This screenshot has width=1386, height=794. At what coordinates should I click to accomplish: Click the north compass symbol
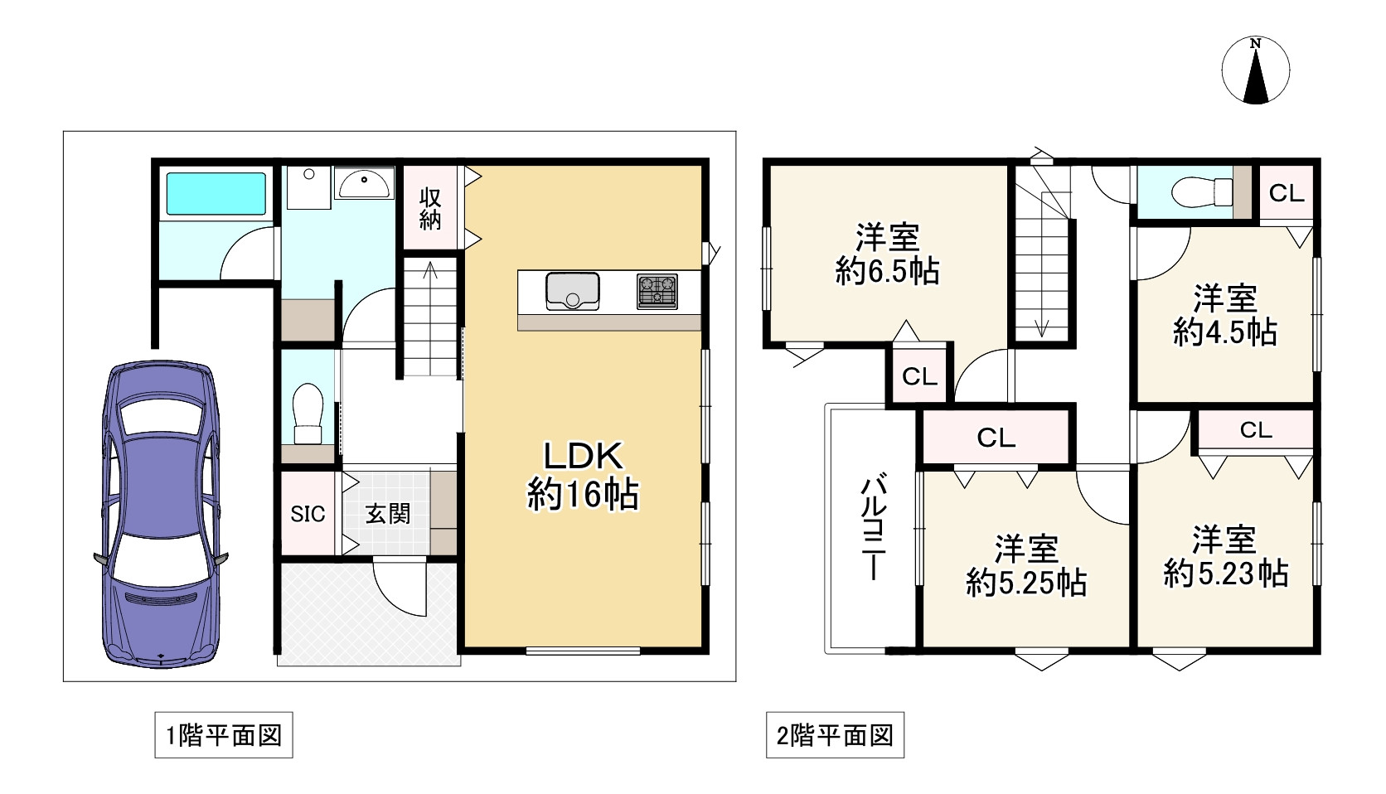point(1255,70)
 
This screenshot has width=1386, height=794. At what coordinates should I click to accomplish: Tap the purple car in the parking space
point(162,514)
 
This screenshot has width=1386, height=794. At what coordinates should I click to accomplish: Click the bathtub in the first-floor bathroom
point(216,193)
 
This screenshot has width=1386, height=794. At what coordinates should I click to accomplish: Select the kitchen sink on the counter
point(572,291)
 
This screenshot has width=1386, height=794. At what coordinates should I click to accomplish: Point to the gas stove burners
point(657,291)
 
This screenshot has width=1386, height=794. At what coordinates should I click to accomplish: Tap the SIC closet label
point(308,514)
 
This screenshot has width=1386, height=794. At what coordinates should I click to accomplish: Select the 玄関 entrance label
point(388,514)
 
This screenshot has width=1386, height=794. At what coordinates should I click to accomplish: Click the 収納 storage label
point(429,208)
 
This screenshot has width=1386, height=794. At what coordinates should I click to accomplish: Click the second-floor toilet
point(1202,193)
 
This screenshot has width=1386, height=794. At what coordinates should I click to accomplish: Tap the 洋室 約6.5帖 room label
point(887,254)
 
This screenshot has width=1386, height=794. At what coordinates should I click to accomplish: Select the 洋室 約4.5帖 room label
point(1224,315)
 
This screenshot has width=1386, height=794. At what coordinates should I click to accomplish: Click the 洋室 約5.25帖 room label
point(1026,565)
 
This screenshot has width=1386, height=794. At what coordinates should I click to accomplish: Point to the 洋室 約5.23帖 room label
point(1224,556)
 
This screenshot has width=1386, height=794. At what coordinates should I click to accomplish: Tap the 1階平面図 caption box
point(224,735)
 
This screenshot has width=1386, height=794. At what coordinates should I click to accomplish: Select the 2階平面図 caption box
point(835,735)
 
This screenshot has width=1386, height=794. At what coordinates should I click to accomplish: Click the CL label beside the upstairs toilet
point(1287,193)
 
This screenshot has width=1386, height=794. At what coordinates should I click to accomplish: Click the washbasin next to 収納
point(364,183)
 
